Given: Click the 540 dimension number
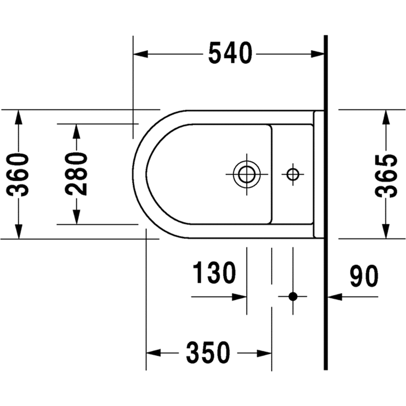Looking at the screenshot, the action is click(x=230, y=53).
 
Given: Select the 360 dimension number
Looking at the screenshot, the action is click(x=18, y=175).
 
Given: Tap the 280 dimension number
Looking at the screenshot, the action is click(x=76, y=174).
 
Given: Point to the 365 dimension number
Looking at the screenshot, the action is click(x=386, y=176).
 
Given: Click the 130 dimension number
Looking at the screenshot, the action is click(x=214, y=273).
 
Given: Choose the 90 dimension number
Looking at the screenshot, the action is click(x=364, y=276).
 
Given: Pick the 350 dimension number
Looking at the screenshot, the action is click(x=208, y=352).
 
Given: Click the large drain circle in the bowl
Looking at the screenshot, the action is click(x=247, y=174).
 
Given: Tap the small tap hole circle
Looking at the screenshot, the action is click(x=293, y=174).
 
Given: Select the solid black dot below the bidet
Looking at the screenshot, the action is click(x=293, y=296).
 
